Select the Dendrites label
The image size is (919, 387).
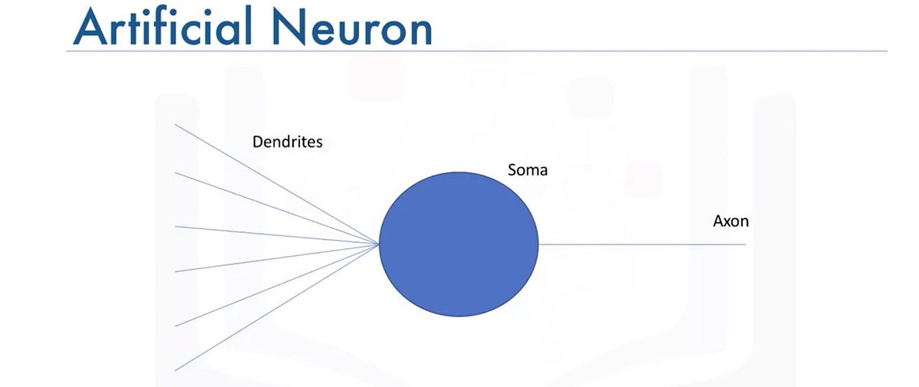tap(287, 142)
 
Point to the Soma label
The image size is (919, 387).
tap(528, 170)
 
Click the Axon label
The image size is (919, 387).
tap(731, 221)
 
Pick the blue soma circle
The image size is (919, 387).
tap(459, 244)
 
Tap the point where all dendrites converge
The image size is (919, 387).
tap(379, 245)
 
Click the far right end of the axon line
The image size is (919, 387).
tap(744, 244)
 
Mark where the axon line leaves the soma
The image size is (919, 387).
tap(539, 244)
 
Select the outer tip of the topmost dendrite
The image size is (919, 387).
tap(176, 124)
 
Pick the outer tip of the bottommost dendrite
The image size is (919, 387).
tap(176, 371)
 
